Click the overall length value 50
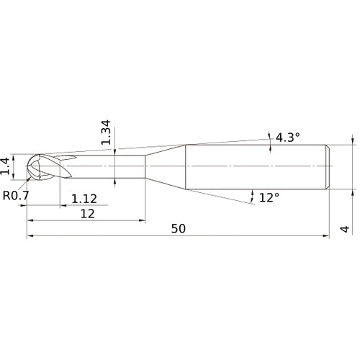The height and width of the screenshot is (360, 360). [179, 229]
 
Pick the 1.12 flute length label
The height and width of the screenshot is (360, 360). [84, 198]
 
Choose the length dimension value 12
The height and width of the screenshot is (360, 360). [88, 214]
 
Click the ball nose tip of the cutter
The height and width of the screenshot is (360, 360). [28, 166]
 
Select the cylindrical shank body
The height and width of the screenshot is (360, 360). [256, 166]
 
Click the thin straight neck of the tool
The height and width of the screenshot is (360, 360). [108, 166]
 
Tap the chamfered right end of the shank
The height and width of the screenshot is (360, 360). [329, 166]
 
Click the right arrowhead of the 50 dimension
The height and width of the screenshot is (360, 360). [327, 235]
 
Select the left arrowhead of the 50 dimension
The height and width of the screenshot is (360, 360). [30, 235]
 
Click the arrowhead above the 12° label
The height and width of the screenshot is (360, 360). [253, 192]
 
